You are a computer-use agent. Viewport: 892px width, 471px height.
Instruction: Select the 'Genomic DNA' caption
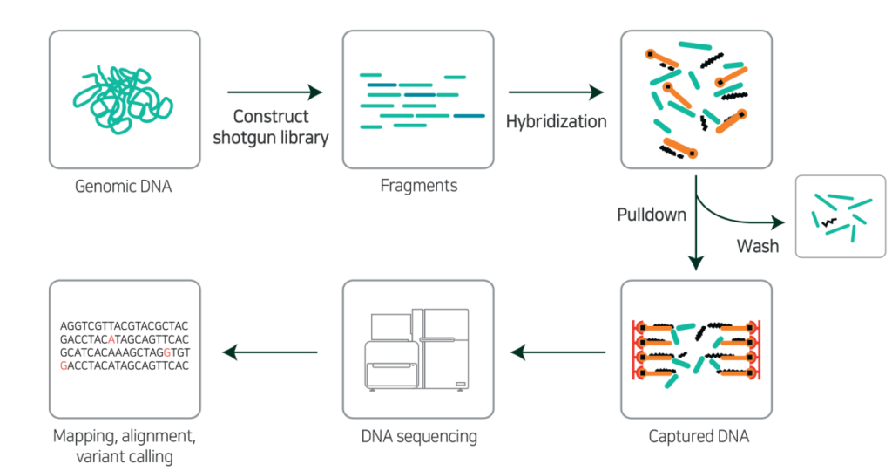tap(124, 186)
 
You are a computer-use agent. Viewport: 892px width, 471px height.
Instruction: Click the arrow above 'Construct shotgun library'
tap(274, 92)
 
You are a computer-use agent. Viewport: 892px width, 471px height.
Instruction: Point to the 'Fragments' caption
tap(418, 186)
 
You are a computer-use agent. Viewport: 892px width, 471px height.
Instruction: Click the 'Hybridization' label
tap(556, 121)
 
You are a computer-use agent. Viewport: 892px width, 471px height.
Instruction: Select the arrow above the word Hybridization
tap(556, 92)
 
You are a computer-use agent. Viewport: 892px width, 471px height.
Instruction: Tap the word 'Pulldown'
tap(651, 214)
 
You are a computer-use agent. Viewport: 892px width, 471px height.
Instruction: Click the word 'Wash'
tap(758, 246)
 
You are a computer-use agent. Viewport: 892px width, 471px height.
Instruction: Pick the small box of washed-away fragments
tap(840, 216)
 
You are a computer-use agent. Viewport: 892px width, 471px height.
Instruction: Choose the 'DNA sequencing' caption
tap(418, 436)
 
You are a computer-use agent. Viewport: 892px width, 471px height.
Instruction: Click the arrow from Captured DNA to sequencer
tap(558, 352)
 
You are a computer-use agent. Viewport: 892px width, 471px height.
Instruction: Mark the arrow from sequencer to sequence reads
tap(270, 352)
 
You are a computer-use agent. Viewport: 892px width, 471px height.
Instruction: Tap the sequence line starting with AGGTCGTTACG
tap(125, 325)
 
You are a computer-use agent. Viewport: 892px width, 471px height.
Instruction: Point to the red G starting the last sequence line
tap(64, 365)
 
